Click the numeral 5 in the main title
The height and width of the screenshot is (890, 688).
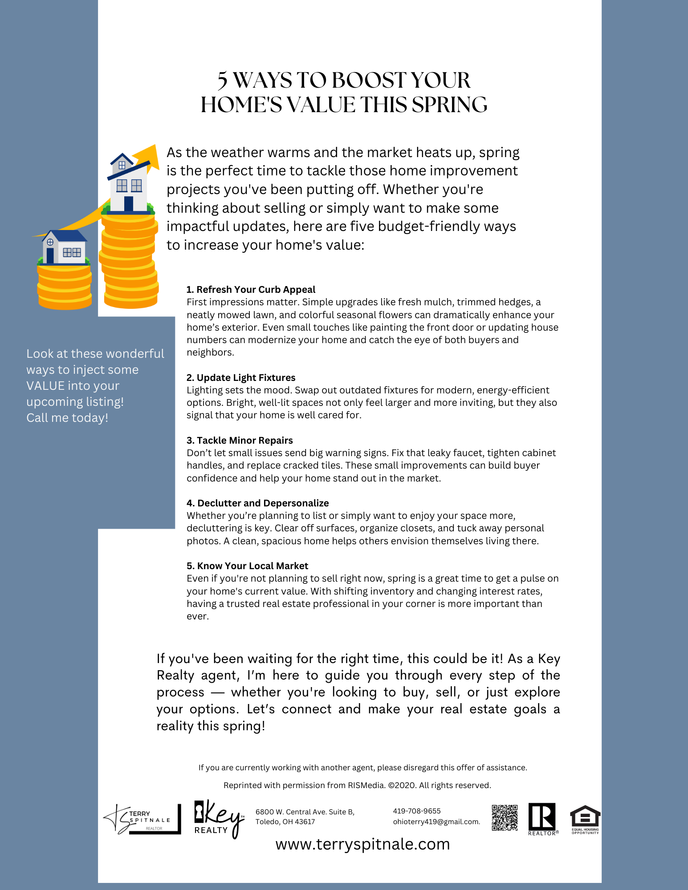pos(223,81)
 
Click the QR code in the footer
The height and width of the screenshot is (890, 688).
pos(505,817)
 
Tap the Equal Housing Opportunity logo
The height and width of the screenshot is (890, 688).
pos(585,819)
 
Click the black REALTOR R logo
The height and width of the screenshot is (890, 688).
pos(542,817)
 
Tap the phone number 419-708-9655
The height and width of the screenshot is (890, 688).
pos(417,811)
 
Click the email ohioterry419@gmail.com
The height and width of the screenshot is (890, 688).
pos(436,822)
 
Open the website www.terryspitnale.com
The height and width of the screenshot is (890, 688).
pos(362,844)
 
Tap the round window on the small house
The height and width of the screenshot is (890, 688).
pos(50,243)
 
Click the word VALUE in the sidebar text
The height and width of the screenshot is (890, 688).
pos(45,386)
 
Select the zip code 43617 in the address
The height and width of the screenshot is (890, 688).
pos(305,822)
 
